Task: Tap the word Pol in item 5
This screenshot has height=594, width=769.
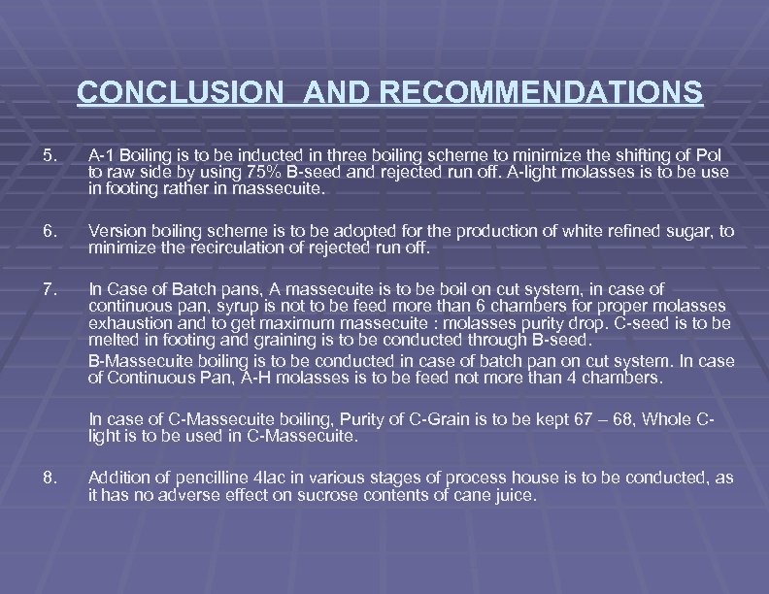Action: coord(718,155)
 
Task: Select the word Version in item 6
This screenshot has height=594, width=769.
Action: coord(117,232)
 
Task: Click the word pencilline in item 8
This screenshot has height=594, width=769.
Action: coord(199,478)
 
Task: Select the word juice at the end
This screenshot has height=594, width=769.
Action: coord(513,494)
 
